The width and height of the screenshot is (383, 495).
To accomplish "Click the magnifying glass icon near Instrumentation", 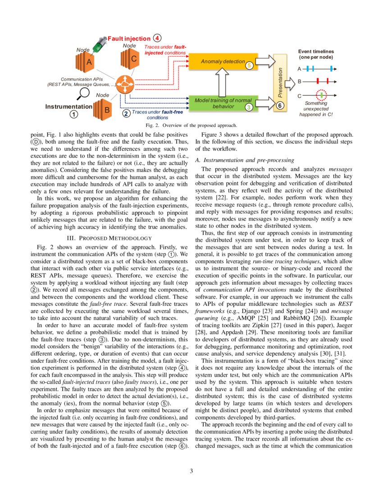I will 83,94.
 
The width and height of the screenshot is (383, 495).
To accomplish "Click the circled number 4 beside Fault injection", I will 156,38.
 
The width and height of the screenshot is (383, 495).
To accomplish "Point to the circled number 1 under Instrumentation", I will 73,114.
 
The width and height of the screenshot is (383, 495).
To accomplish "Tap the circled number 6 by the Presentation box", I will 279,106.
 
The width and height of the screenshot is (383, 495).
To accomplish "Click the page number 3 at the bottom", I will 191,471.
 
